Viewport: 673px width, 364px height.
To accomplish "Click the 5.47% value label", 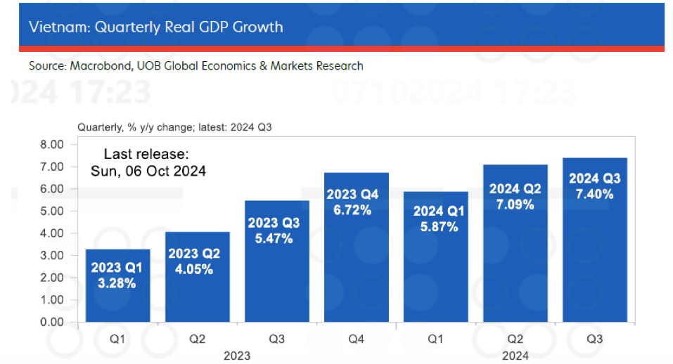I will tap(276, 238).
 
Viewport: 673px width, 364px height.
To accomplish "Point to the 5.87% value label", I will tap(435, 227).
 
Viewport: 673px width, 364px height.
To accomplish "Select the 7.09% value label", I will tap(515, 204).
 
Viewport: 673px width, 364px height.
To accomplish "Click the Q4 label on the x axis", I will tap(356, 339).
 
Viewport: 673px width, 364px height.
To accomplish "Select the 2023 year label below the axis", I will tap(237, 356).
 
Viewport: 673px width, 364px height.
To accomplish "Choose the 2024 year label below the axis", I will tap(515, 356).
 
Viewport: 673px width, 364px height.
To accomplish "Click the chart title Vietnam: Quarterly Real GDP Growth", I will tap(155, 27).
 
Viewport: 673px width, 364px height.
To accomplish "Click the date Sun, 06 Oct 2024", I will tap(148, 171).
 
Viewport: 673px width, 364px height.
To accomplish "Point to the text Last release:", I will tap(146, 154).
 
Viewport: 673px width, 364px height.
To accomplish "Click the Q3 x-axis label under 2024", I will tap(594, 339).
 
